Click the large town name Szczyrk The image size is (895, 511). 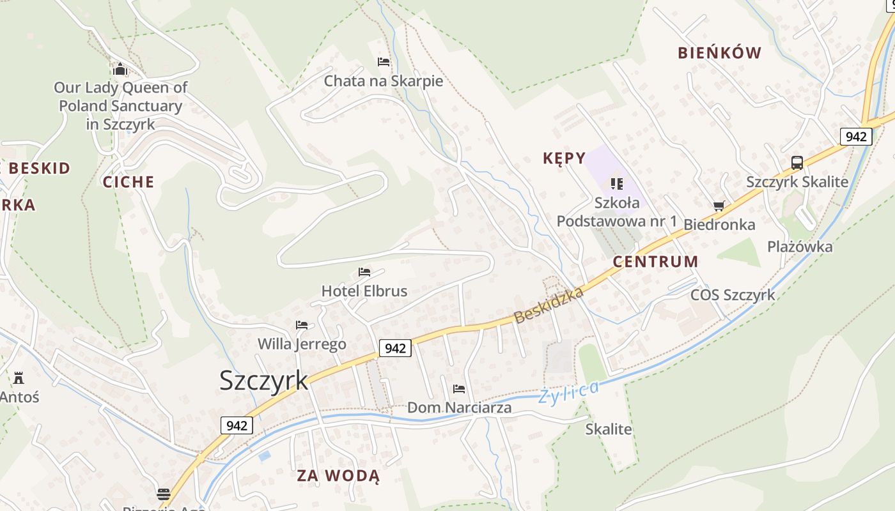[263, 381]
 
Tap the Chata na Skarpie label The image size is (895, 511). [383, 81]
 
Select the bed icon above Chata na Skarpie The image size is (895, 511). [384, 62]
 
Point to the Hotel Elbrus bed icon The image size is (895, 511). [364, 272]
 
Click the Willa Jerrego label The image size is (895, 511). [302, 344]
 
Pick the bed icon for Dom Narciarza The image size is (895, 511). [459, 388]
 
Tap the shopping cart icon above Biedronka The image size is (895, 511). [719, 206]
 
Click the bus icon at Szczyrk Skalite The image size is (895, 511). [797, 162]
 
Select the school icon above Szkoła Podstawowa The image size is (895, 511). [616, 184]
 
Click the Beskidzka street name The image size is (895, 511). [549, 305]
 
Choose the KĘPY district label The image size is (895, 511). [564, 158]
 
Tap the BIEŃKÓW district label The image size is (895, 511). [720, 53]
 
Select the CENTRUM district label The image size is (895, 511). [655, 261]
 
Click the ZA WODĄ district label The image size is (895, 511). [338, 476]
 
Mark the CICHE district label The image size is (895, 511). [128, 182]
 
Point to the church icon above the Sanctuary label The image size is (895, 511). [120, 68]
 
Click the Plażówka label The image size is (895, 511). [800, 247]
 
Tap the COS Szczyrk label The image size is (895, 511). [733, 295]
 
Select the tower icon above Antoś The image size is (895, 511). [19, 378]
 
